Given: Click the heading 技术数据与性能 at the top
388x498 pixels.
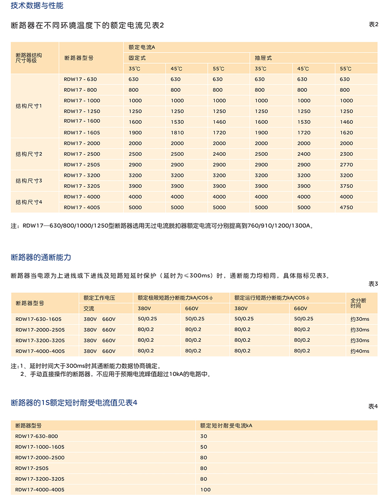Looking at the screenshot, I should click(37, 6).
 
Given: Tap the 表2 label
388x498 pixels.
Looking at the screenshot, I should click(373, 24).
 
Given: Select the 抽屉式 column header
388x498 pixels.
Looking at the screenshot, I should click(263, 58).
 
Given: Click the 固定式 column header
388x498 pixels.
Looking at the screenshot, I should click(137, 58).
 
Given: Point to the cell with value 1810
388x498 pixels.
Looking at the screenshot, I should click(177, 133).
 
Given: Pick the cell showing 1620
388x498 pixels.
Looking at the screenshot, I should click(346, 133).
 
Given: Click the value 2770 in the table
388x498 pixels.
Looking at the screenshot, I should click(346, 165).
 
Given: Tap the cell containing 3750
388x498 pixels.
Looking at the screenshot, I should click(346, 186).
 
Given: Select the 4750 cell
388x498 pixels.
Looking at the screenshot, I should click(346, 208).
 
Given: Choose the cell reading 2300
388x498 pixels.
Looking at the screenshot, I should click(346, 154).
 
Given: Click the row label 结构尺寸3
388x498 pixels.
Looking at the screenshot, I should click(29, 181).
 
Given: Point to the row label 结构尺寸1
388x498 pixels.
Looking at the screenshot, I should click(29, 106).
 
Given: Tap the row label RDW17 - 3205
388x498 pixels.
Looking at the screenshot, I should click(82, 186).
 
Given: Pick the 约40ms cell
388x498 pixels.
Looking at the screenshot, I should click(360, 351).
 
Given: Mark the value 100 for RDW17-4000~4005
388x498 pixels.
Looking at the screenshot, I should click(205, 490).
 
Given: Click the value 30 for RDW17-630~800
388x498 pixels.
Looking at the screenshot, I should click(204, 437).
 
